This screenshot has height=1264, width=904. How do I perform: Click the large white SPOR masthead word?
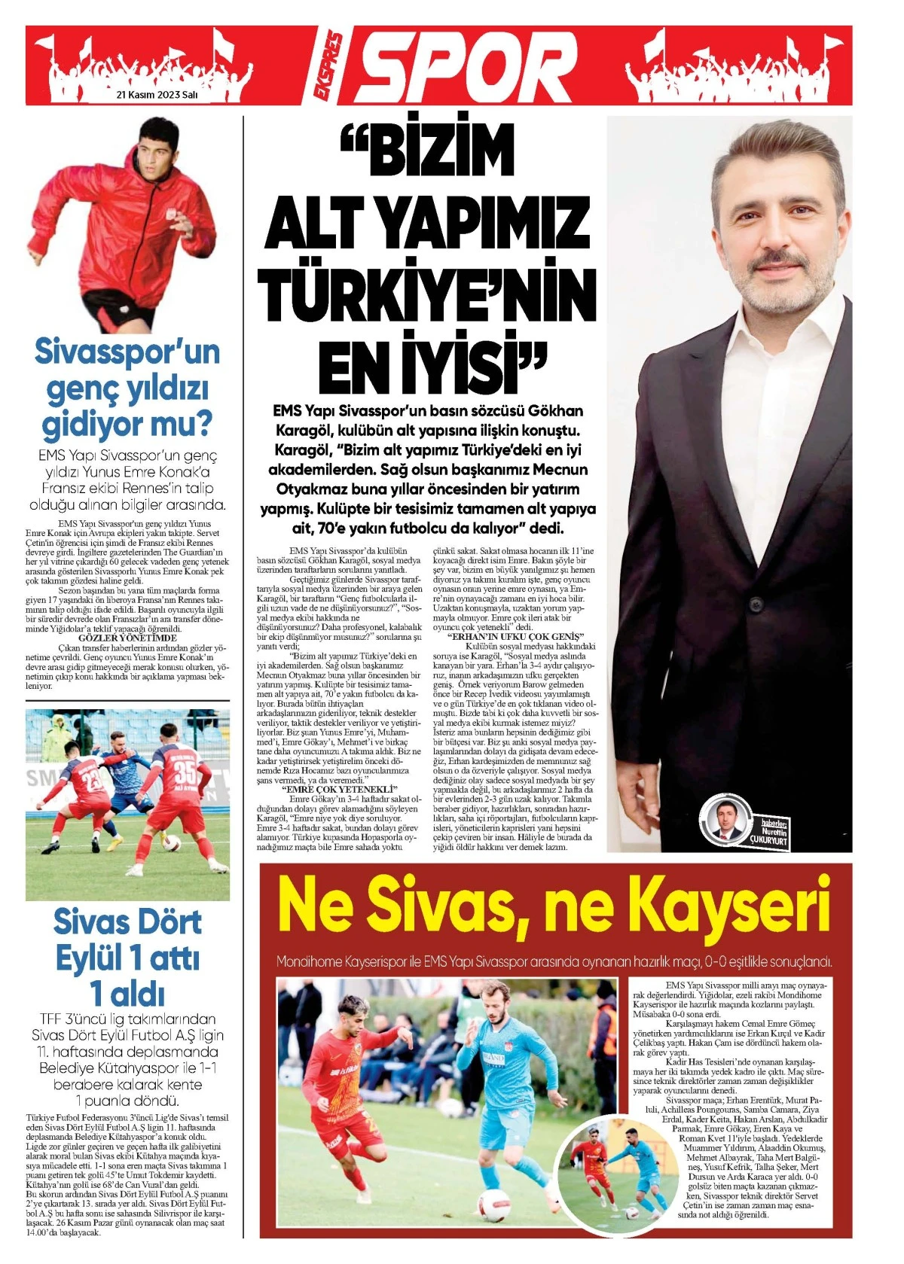click(x=473, y=66)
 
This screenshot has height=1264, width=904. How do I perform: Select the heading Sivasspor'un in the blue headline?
click(x=127, y=352)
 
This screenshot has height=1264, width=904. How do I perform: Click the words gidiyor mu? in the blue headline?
click(x=127, y=425)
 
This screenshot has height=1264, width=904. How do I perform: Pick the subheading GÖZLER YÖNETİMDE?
click(x=127, y=637)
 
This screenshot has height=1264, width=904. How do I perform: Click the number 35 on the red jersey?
click(x=185, y=773)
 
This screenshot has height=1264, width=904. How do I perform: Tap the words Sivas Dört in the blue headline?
click(x=127, y=923)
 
